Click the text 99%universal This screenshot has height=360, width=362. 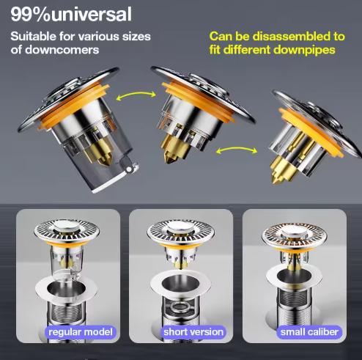(71, 14)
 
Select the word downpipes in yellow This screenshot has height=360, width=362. (304, 50)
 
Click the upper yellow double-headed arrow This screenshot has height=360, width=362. (136, 94)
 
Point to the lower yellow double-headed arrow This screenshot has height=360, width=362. (237, 149)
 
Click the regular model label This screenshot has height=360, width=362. (81, 332)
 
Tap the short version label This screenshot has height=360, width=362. (193, 332)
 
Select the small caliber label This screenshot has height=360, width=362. (309, 332)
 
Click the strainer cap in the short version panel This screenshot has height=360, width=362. (181, 231)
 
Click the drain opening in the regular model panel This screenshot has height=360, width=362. (66, 287)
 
